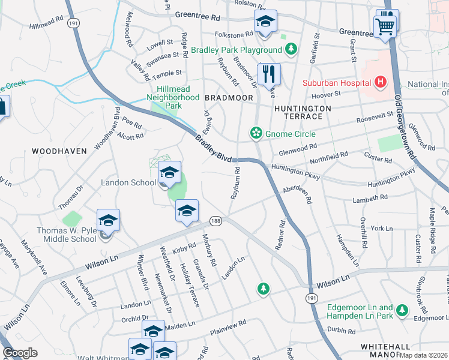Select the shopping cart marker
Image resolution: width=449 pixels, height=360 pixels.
tap(385, 26)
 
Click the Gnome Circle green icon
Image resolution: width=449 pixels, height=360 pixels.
tap(256, 133)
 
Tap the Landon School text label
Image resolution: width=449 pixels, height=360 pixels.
tap(128, 182)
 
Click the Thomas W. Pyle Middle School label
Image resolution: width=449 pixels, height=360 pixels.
tap(66, 235)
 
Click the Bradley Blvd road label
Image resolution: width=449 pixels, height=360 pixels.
tap(214, 148)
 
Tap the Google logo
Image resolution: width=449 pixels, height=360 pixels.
tap(20, 353)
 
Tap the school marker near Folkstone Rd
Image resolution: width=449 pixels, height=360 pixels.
tap(265, 22)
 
